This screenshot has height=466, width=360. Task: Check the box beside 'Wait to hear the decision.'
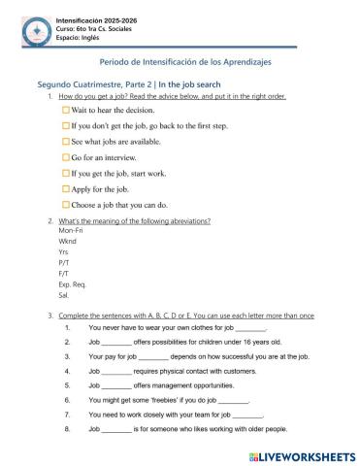[x=65, y=110]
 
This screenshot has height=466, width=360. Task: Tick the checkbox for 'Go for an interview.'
[x=65, y=157]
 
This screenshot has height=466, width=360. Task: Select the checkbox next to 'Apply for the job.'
[x=65, y=188]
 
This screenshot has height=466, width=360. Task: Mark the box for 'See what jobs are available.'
[x=65, y=142]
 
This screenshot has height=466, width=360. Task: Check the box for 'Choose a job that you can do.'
[x=65, y=205]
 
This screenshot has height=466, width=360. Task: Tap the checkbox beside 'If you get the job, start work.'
[x=65, y=173]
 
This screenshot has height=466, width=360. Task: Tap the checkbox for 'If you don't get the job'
[x=65, y=126]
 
